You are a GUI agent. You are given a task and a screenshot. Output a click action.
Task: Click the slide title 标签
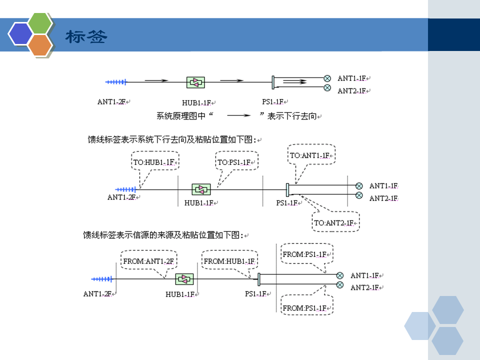coord(86,37)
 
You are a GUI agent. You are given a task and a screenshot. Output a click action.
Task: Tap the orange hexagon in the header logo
coord(40,44)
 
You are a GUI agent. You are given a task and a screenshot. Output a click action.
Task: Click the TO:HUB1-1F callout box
coord(155,162)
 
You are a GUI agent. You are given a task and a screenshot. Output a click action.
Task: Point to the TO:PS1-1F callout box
coord(237,162)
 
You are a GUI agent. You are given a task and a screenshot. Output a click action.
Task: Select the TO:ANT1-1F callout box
coord(311,155)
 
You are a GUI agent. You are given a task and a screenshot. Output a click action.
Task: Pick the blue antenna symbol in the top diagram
coord(115,81)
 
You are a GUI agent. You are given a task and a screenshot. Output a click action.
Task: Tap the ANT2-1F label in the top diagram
coord(353,91)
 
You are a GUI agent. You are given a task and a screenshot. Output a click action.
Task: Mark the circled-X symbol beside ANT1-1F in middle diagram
coord(358,186)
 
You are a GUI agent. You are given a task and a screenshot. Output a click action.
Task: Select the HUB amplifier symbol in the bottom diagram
coord(184,278)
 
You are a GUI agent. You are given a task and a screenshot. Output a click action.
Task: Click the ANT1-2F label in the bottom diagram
coord(97,294)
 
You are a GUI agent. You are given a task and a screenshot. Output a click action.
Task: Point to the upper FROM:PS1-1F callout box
coord(306,254)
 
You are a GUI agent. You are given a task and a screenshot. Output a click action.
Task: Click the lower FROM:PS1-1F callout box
coord(306,307)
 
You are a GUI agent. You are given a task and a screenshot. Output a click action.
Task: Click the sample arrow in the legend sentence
coord(238,116)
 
